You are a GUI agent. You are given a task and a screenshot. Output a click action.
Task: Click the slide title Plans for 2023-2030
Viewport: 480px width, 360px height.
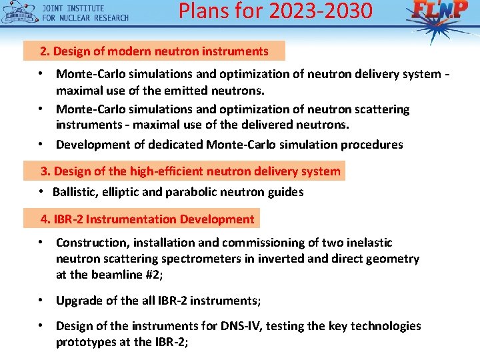(275, 11)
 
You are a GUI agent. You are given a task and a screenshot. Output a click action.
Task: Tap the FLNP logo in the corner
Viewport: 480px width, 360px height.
(440, 12)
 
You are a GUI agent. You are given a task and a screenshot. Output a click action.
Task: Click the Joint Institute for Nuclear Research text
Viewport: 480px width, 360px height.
(85, 13)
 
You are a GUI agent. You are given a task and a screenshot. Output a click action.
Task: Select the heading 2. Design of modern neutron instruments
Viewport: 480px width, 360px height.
(154, 51)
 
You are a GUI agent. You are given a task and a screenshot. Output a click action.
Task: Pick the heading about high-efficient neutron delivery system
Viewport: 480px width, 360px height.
(191, 171)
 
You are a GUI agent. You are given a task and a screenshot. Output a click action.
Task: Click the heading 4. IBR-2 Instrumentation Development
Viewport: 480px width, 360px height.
(147, 219)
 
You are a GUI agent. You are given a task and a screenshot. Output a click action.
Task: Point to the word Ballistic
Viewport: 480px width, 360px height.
(75, 192)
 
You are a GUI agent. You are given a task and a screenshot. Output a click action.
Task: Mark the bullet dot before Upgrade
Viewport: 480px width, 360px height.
(41, 300)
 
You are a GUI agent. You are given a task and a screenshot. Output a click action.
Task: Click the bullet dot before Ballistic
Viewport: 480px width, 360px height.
(41, 192)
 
